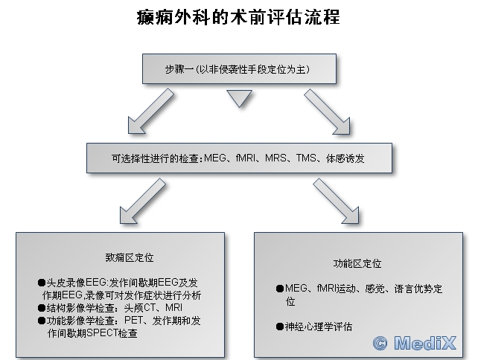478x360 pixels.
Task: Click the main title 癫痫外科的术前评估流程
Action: (238, 17)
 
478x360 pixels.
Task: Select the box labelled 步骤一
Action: (239, 69)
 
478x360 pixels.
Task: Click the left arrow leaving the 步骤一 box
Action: (150, 112)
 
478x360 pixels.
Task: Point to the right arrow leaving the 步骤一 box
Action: (327, 112)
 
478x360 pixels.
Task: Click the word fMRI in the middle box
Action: (246, 158)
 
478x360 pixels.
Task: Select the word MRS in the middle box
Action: (275, 158)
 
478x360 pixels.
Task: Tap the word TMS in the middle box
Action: (306, 158)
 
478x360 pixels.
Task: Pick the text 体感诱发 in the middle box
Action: (345, 158)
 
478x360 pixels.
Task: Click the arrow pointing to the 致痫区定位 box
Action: (142, 201)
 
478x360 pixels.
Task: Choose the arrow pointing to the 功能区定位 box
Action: (336, 201)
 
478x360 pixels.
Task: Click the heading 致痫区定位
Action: (130, 257)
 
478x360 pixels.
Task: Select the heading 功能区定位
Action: (357, 263)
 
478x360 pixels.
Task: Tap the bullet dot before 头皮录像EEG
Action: (42, 283)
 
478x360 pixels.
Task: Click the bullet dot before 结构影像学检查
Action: (42, 308)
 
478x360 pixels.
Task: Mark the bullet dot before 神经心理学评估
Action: (280, 327)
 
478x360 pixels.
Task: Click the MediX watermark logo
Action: (415, 343)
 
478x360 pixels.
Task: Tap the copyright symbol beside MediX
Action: (380, 344)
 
